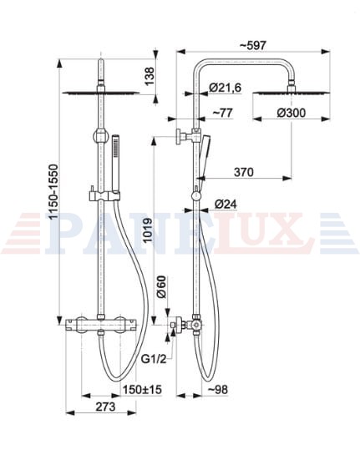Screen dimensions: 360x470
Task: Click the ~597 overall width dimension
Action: pyautogui.click(x=252, y=46)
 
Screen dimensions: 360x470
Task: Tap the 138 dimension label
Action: pyautogui.click(x=150, y=76)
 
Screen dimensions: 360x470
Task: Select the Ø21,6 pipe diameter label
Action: pyautogui.click(x=225, y=88)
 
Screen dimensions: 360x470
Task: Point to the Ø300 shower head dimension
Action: pyautogui.click(x=291, y=113)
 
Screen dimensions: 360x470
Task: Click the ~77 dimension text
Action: pyautogui.click(x=222, y=113)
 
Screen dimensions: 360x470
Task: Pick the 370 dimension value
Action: pyautogui.click(x=244, y=172)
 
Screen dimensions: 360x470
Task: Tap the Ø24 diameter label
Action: pyautogui.click(x=226, y=205)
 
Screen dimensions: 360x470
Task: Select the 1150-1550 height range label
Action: pyautogui.click(x=54, y=192)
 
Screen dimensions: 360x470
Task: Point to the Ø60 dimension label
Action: pyautogui.click(x=161, y=287)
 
